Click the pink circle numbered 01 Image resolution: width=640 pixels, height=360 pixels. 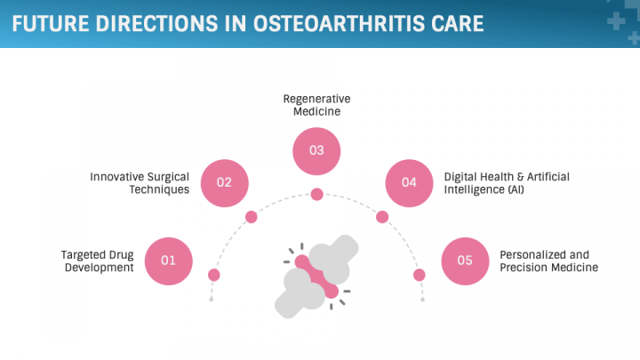click(x=169, y=261)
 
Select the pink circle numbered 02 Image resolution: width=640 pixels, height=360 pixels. click(x=225, y=183)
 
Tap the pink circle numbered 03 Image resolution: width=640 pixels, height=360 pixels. click(x=316, y=151)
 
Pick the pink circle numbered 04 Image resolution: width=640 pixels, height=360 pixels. click(x=409, y=183)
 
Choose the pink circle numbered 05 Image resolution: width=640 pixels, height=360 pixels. click(x=465, y=261)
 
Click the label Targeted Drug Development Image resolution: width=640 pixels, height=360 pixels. click(x=98, y=260)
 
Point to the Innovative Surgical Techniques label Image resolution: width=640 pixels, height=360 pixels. click(x=140, y=183)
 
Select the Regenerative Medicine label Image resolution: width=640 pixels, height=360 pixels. click(x=316, y=105)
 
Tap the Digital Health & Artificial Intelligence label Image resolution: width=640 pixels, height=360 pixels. click(x=507, y=183)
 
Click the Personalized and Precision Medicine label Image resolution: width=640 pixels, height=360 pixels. click(x=549, y=260)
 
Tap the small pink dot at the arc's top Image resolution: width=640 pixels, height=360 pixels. click(x=316, y=195)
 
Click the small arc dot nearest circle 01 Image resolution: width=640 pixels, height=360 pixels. click(x=214, y=275)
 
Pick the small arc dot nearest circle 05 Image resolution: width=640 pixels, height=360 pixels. click(x=420, y=275)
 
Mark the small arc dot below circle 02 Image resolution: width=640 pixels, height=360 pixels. click(x=251, y=217)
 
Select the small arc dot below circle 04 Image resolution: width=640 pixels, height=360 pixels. click(x=382, y=217)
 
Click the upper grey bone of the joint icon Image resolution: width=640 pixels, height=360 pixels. click(x=332, y=259)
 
